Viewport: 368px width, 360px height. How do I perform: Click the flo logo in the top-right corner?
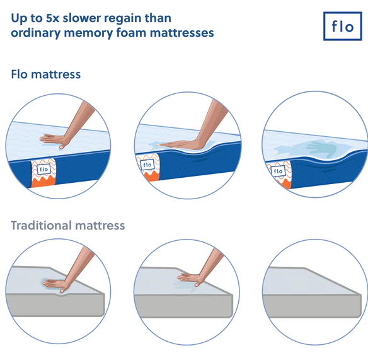[x=342, y=26]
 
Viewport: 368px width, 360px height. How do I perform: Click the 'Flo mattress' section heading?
[x=46, y=74]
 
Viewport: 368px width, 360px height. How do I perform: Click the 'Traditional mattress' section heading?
[x=68, y=225]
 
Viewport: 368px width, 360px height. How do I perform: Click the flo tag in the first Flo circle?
[x=43, y=170]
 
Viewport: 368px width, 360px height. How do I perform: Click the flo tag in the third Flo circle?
[x=277, y=171]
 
